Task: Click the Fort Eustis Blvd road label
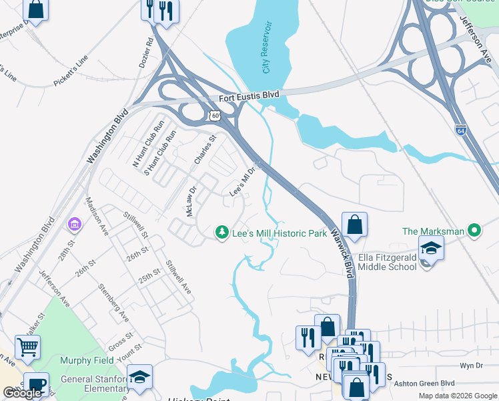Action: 249,98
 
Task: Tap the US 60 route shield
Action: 214,116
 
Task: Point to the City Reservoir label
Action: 267,47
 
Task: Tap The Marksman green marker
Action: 474,231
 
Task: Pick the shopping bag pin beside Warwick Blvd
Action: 355,225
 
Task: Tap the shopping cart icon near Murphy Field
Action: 27,347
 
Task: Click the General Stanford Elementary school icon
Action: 139,377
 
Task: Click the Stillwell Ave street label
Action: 178,277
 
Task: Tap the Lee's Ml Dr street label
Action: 243,182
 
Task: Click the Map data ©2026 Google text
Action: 456,396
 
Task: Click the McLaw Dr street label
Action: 191,201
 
